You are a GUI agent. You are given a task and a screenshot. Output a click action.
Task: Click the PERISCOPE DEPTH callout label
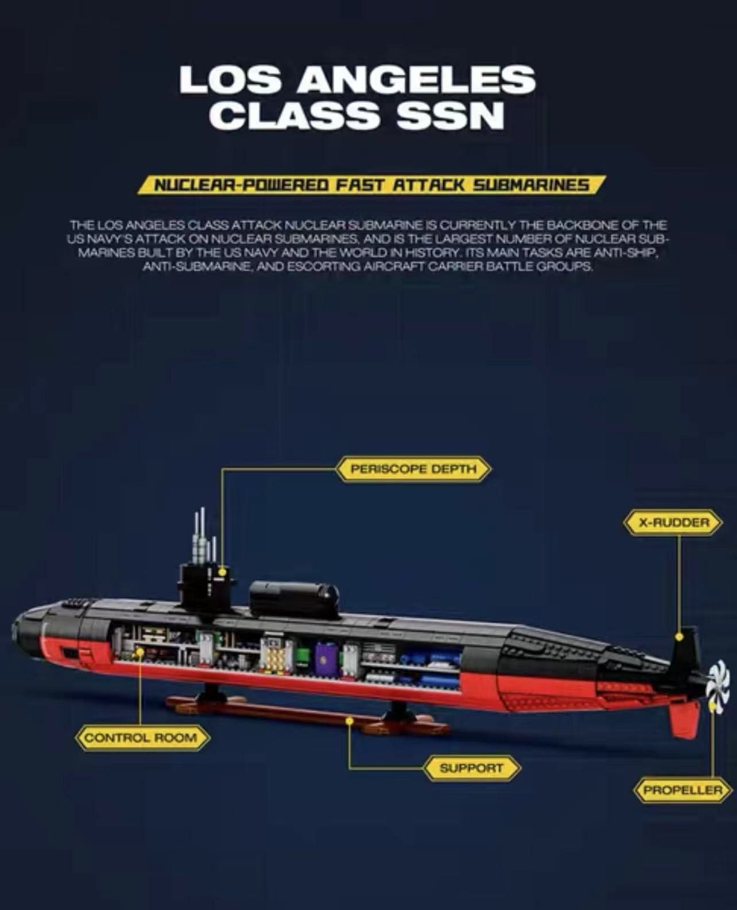point(413,468)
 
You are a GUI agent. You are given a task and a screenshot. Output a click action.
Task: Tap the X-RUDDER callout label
point(673,522)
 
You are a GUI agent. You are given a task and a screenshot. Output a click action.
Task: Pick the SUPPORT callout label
point(471,768)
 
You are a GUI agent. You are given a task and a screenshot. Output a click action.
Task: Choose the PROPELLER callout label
point(682,790)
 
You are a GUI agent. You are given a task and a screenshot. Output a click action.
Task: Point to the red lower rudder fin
point(684,719)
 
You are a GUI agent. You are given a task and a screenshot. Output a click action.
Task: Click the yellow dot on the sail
point(222,572)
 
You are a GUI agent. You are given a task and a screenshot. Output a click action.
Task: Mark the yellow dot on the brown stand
point(350,721)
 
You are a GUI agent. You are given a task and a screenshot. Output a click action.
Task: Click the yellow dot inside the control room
point(139,651)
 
